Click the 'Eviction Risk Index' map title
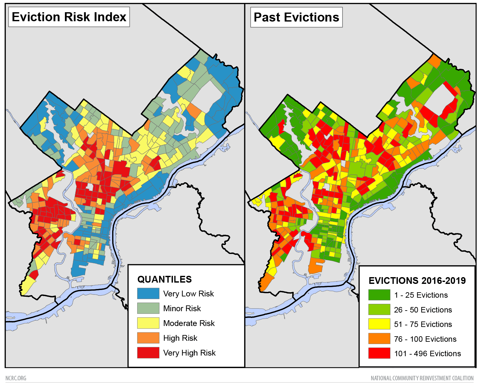click(x=69, y=17)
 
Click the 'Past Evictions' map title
click(x=296, y=17)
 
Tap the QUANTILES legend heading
click(x=164, y=279)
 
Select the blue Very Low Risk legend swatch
click(x=148, y=294)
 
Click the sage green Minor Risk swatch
click(x=148, y=308)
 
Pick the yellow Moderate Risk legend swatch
click(x=148, y=323)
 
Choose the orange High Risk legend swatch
click(x=148, y=338)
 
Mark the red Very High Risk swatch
click(x=148, y=353)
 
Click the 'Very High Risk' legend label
click(x=189, y=353)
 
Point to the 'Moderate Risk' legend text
click(x=189, y=323)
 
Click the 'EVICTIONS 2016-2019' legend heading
click(x=417, y=281)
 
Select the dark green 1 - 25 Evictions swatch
click(x=379, y=295)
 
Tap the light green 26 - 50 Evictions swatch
click(x=379, y=310)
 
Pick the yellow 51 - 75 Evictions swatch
click(x=379, y=324)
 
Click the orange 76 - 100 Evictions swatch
click(x=379, y=339)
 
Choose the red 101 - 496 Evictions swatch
click(x=379, y=353)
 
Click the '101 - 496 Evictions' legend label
click(x=427, y=354)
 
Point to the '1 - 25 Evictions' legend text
click(x=421, y=295)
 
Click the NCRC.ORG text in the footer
click(x=16, y=378)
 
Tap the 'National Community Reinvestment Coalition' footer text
click(x=422, y=378)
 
